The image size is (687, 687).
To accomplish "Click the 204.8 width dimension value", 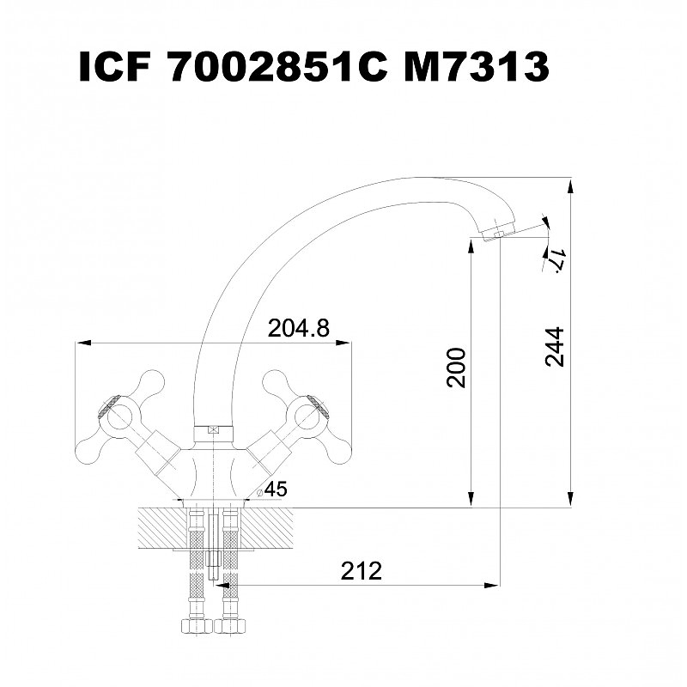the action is click(298, 328).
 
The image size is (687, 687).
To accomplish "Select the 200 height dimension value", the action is click(456, 368).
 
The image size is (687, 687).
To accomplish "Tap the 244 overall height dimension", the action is click(554, 346).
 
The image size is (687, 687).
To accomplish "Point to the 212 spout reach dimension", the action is click(362, 570).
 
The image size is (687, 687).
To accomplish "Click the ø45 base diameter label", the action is click(272, 489).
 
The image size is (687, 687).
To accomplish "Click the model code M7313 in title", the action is click(477, 67).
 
